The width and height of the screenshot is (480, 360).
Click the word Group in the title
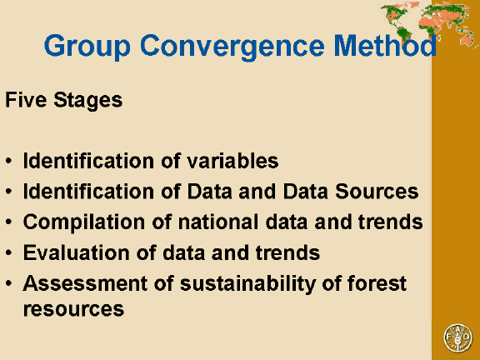[82, 46]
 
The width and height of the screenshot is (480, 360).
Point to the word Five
[24, 101]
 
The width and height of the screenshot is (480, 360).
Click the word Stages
[86, 101]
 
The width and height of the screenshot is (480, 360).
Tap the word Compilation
[77, 222]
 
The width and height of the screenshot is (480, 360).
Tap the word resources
[73, 308]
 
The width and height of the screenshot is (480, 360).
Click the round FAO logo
[457, 338]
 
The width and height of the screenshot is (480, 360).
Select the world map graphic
[428, 20]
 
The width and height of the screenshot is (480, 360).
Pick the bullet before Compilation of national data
[9, 223]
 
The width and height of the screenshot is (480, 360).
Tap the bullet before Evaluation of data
[9, 253]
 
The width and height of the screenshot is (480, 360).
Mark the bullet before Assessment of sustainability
[9, 284]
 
